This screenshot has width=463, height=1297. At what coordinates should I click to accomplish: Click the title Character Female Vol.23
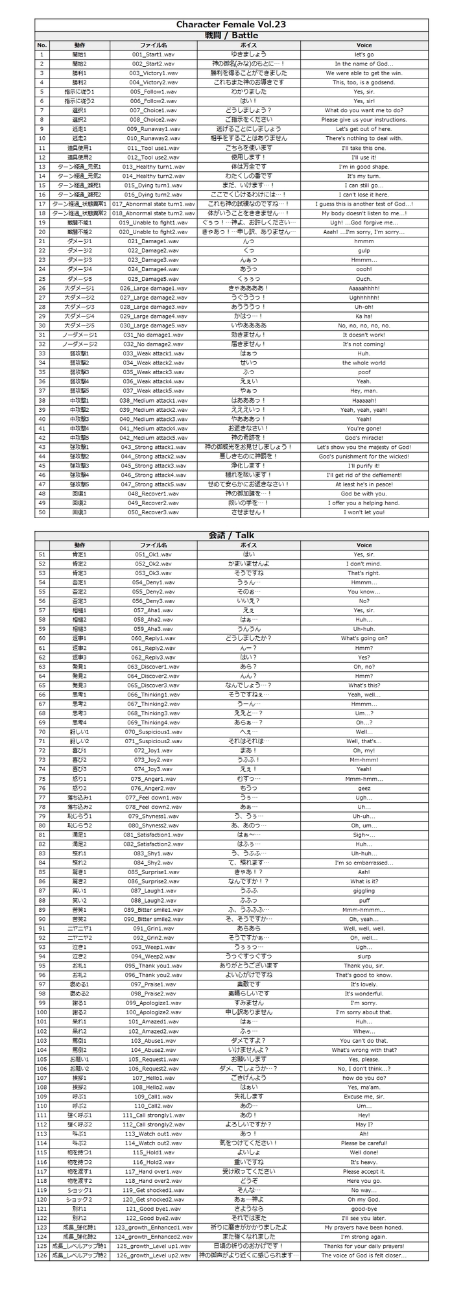[x=231, y=25]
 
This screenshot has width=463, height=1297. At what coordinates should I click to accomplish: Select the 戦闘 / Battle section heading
[x=231, y=35]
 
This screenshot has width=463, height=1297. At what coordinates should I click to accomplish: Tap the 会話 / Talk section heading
[x=231, y=536]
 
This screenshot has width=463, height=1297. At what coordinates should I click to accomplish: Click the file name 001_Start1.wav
[x=153, y=54]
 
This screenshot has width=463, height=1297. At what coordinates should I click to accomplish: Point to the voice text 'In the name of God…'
[x=364, y=64]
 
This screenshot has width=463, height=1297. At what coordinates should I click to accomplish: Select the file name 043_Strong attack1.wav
[x=153, y=447]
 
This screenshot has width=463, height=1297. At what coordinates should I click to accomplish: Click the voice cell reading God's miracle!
[x=364, y=438]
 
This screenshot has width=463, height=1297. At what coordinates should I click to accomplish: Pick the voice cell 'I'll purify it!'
[x=364, y=466]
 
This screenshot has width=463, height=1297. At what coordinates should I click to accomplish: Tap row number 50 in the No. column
[x=42, y=512]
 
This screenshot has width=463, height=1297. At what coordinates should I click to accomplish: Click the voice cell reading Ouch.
[x=364, y=279]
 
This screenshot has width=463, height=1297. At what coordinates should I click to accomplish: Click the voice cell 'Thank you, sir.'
[x=364, y=966]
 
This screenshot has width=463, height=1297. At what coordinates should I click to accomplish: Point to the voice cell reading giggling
[x=364, y=891]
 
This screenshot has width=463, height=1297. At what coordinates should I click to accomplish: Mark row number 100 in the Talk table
[x=42, y=1012]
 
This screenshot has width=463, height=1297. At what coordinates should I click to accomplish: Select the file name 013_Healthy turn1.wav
[x=153, y=167]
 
